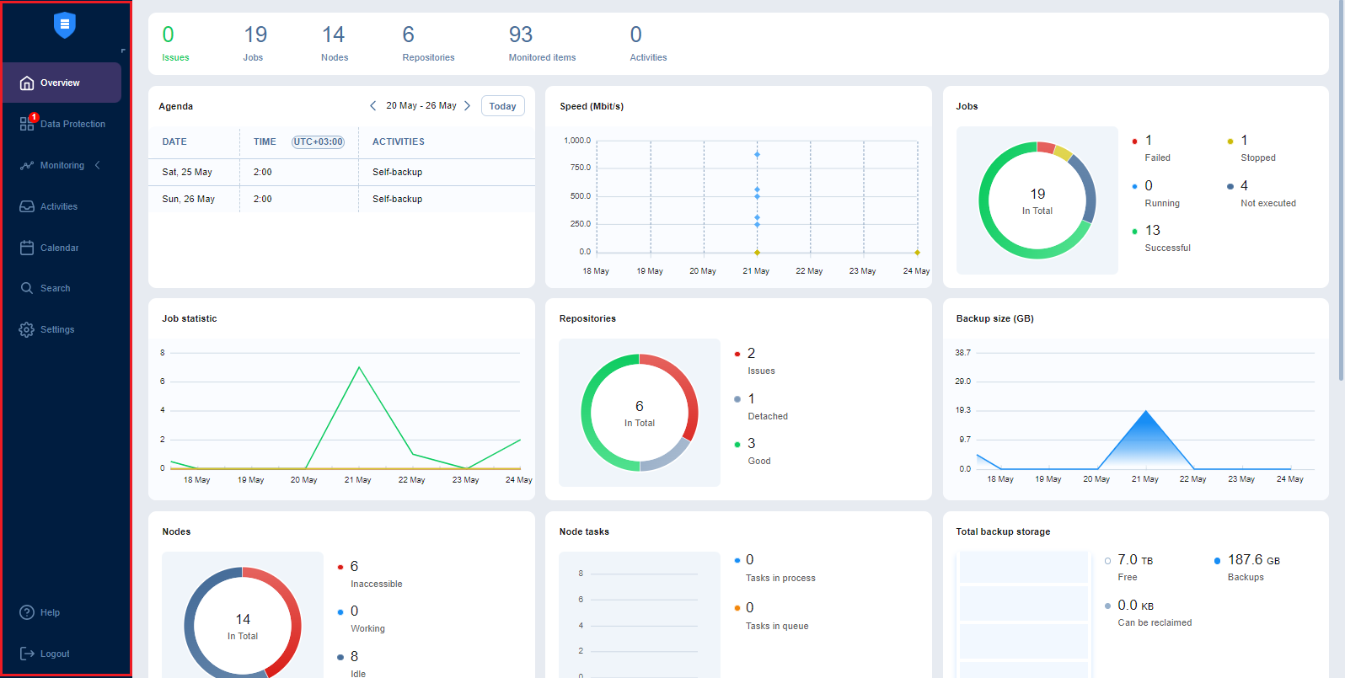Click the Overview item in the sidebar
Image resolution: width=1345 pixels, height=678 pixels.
(x=61, y=83)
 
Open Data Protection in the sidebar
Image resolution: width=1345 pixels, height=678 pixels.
(x=72, y=124)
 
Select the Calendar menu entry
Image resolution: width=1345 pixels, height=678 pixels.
(x=59, y=248)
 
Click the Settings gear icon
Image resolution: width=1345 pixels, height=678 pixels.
(x=27, y=329)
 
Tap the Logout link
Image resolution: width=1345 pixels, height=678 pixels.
(x=54, y=654)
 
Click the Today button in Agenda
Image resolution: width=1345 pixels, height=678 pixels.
(x=502, y=106)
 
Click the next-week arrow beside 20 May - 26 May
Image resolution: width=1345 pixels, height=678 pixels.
(x=468, y=106)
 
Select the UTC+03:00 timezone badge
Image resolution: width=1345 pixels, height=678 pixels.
(x=318, y=141)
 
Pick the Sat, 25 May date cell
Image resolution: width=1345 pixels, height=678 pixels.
(x=187, y=172)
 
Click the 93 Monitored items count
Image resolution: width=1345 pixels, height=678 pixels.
(x=521, y=35)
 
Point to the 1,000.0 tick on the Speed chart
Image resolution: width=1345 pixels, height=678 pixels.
(x=577, y=141)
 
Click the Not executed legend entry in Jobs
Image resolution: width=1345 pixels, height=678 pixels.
(x=1267, y=203)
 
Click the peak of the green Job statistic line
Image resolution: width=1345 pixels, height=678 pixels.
(x=360, y=367)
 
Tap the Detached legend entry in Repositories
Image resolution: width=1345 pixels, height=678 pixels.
(x=768, y=416)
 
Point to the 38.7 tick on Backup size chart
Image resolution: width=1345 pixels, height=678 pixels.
(x=962, y=353)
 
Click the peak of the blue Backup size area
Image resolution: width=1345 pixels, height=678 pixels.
(x=1145, y=411)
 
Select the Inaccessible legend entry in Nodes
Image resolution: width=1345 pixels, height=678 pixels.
(x=376, y=584)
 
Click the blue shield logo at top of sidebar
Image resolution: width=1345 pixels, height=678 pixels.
(x=65, y=25)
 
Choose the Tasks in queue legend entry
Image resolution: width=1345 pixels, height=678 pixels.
(x=776, y=626)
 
